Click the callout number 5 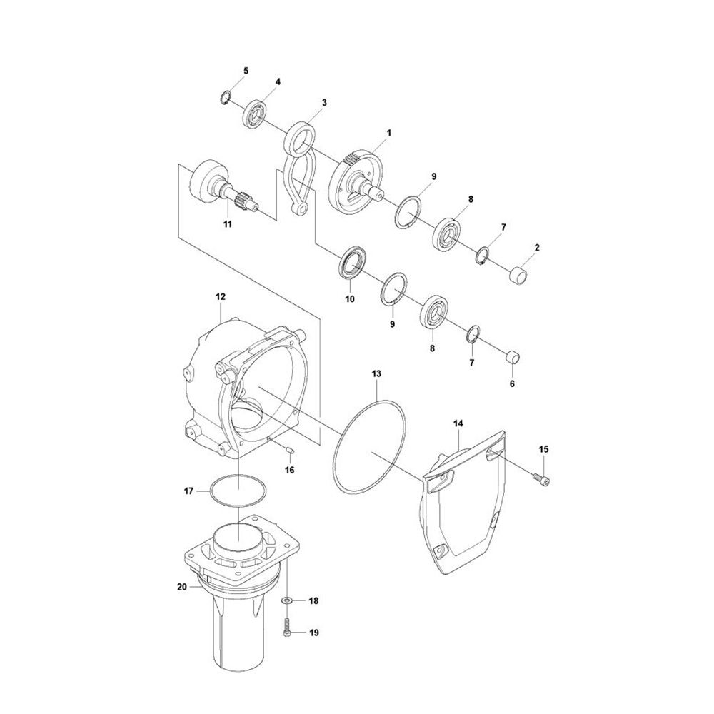click(x=246, y=71)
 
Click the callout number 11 click(x=228, y=224)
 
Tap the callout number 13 click(x=376, y=373)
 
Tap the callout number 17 click(x=189, y=491)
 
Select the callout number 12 click(x=220, y=296)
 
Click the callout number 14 click(x=458, y=423)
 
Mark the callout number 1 click(x=389, y=133)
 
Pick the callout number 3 click(x=324, y=103)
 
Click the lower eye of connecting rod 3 click(x=303, y=208)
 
